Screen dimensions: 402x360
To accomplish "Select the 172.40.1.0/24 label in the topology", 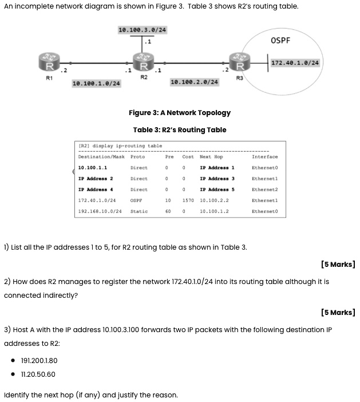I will [x=295, y=62].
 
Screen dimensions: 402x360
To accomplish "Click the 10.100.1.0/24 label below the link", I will [x=96, y=84].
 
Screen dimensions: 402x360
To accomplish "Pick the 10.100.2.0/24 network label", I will [x=195, y=82].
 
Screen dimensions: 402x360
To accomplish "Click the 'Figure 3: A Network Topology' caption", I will [x=180, y=113].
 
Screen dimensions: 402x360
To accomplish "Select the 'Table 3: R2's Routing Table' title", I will [x=180, y=130].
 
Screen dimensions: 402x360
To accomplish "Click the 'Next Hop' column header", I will [x=211, y=156].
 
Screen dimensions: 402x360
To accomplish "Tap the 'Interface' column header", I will [x=264, y=156].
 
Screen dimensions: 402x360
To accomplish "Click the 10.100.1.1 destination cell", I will [x=92, y=168].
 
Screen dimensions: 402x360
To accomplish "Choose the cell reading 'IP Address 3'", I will [x=217, y=179].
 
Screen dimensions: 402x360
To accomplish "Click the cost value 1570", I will [x=188, y=200].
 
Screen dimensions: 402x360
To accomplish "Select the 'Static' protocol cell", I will [x=139, y=211].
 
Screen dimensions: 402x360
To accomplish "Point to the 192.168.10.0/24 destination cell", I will [x=97, y=211].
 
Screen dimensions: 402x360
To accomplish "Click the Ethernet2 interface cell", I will [x=264, y=190].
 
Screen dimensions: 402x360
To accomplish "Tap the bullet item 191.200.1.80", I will [x=38, y=361].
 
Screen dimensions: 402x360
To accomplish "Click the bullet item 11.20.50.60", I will [x=38, y=375].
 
